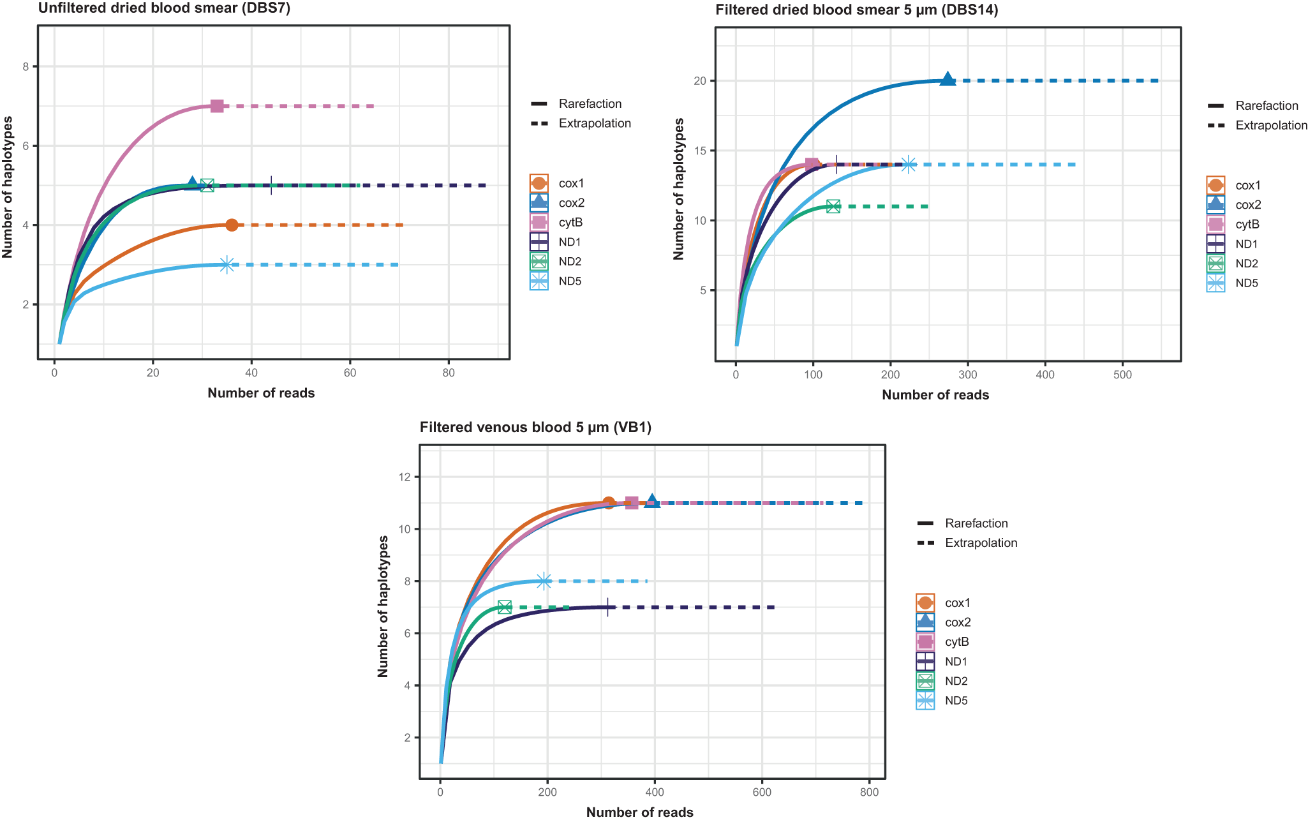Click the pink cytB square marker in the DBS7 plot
click(217, 106)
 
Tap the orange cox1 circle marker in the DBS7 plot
click(232, 225)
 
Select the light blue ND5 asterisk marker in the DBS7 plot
click(227, 265)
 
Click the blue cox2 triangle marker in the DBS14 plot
click(948, 80)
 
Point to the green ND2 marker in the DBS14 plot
click(833, 206)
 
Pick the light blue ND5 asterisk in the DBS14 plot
click(908, 165)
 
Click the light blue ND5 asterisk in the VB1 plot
click(544, 581)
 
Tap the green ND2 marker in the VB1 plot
click(505, 607)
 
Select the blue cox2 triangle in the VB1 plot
click(652, 502)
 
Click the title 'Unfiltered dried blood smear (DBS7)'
click(164, 8)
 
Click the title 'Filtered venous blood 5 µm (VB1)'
click(535, 428)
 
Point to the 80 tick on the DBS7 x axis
click(449, 373)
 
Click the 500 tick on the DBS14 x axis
click(1122, 375)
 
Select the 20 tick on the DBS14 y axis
click(700, 81)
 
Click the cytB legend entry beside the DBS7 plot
click(570, 223)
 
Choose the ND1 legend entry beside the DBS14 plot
click(1247, 244)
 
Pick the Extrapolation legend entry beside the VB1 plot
click(981, 543)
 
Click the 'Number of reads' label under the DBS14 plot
click(935, 395)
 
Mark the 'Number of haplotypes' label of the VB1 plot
click(383, 606)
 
